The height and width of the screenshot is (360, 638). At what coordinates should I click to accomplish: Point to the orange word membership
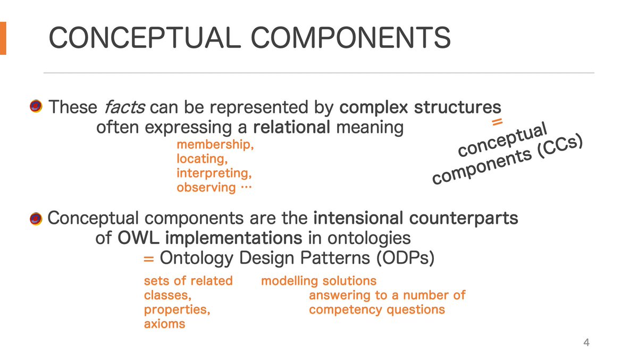[214, 145]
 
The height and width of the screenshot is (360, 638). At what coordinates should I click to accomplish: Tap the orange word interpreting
[214, 173]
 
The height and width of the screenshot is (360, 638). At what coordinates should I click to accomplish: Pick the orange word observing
[206, 187]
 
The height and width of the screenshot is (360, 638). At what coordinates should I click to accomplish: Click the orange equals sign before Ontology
[149, 258]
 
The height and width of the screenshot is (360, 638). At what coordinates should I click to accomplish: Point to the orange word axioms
[164, 324]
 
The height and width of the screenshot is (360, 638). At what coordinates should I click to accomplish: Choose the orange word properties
[177, 309]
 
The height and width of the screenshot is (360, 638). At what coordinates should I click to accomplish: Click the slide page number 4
[586, 342]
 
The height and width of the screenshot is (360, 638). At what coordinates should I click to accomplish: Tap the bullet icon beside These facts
[37, 107]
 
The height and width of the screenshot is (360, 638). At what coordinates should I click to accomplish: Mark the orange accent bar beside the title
[3, 38]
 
